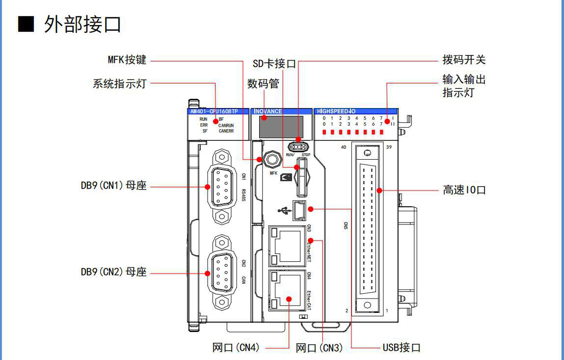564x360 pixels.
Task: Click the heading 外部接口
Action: (x=82, y=24)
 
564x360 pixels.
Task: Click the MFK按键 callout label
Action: (x=127, y=60)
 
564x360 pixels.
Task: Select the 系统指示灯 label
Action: (x=120, y=83)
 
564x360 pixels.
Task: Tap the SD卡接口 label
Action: (x=274, y=64)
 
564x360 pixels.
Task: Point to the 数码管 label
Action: (x=263, y=84)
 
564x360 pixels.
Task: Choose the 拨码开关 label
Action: (x=464, y=60)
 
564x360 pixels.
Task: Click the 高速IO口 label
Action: (x=464, y=190)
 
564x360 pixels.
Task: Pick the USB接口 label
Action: (x=402, y=348)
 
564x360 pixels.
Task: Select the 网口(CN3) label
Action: (x=319, y=348)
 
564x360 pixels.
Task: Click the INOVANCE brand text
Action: (x=268, y=111)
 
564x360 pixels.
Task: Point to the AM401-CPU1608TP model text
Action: (x=214, y=111)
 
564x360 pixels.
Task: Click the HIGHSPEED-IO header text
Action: (x=339, y=111)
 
